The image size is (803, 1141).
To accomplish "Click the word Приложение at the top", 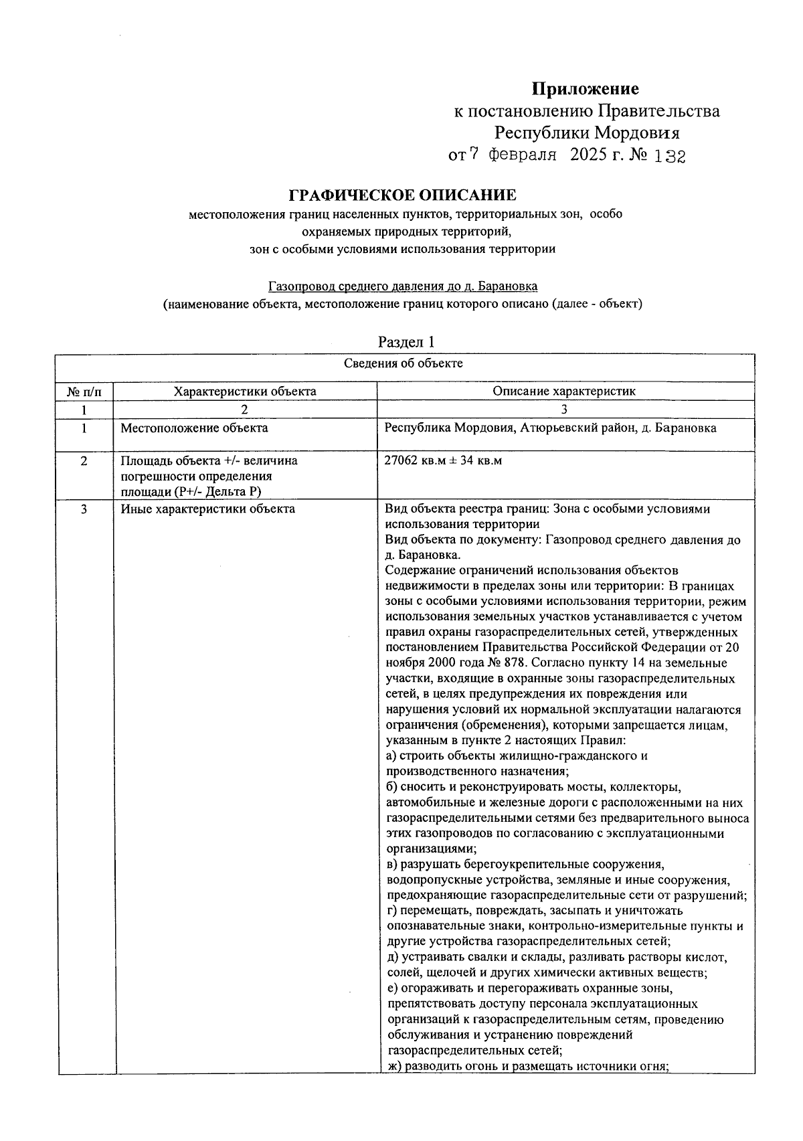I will point(585,89).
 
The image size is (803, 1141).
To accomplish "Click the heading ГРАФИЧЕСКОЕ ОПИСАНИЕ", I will point(402,195).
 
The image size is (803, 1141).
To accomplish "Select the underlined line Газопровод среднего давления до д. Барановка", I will point(402,286).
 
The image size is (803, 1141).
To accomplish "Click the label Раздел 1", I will point(406,342).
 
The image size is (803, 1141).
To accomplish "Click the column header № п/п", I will point(84,391).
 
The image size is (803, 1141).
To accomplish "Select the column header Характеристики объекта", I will point(245,391).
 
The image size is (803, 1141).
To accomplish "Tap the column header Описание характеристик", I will point(564,391).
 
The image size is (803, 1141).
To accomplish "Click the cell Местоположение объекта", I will point(194,428).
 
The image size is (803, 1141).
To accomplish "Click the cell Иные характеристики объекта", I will point(207,509).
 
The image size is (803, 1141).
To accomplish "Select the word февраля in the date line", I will point(523,156).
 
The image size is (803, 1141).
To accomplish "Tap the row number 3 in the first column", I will point(84,509).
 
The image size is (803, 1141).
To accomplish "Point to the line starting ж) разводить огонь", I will point(528,1067).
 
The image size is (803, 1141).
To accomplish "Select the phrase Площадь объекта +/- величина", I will point(209,461).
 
